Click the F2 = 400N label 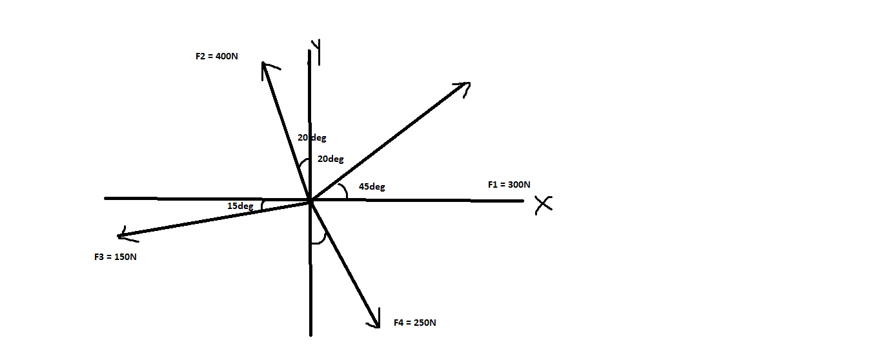pos(216,56)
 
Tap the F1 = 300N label pos(509,185)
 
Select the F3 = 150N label pos(115,257)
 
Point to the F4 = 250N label pos(414,322)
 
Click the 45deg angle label pos(372,186)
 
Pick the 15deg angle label pos(240,206)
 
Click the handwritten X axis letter pos(544,205)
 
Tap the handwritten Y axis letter pos(316,51)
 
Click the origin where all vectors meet pos(310,201)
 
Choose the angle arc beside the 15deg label pos(263,205)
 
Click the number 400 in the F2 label pos(227,56)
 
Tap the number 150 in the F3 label pos(125,257)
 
